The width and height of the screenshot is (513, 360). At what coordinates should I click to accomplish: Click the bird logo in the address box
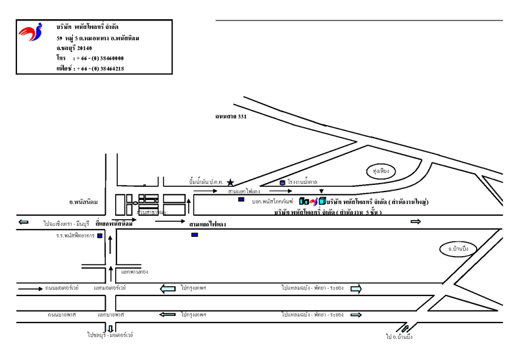click(30, 32)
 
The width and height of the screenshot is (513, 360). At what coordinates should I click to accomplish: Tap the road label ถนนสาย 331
click(230, 116)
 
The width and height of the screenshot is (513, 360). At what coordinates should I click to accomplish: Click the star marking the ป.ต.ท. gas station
click(230, 182)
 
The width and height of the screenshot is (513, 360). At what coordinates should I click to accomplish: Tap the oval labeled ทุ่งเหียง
click(381, 171)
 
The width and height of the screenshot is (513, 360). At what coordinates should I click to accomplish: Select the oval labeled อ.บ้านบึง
click(454, 249)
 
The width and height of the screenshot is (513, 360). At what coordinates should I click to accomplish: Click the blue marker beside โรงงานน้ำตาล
click(282, 182)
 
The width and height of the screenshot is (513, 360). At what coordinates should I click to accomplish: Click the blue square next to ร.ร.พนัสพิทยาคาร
click(99, 236)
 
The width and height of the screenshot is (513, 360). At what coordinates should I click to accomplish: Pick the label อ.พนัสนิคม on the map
click(84, 201)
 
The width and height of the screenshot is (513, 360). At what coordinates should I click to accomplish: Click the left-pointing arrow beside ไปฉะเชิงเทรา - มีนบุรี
click(24, 222)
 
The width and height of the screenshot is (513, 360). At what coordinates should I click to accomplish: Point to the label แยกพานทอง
click(135, 271)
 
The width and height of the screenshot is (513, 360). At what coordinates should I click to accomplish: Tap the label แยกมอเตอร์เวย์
click(110, 288)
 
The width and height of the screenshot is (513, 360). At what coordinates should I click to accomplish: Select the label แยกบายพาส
click(111, 315)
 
